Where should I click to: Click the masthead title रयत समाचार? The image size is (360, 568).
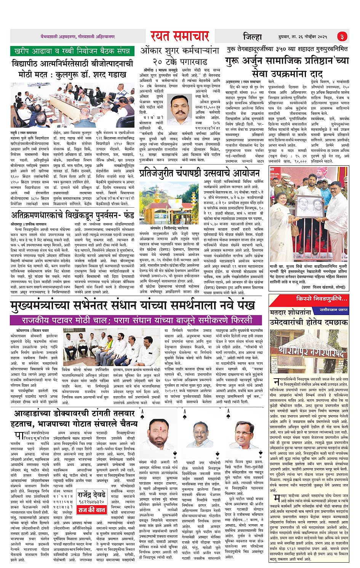point(180,36)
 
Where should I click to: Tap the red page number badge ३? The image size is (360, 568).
point(342,37)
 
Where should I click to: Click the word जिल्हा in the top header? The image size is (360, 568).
point(253,37)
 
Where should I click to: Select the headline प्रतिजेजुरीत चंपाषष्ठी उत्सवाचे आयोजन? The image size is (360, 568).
point(199,173)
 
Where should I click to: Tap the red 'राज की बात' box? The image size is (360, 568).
point(92,510)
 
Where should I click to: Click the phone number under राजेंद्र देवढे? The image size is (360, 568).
point(91,502)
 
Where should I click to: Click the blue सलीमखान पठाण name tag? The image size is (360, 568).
point(333,310)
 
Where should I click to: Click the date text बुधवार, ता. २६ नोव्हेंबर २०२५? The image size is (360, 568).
point(302,37)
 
